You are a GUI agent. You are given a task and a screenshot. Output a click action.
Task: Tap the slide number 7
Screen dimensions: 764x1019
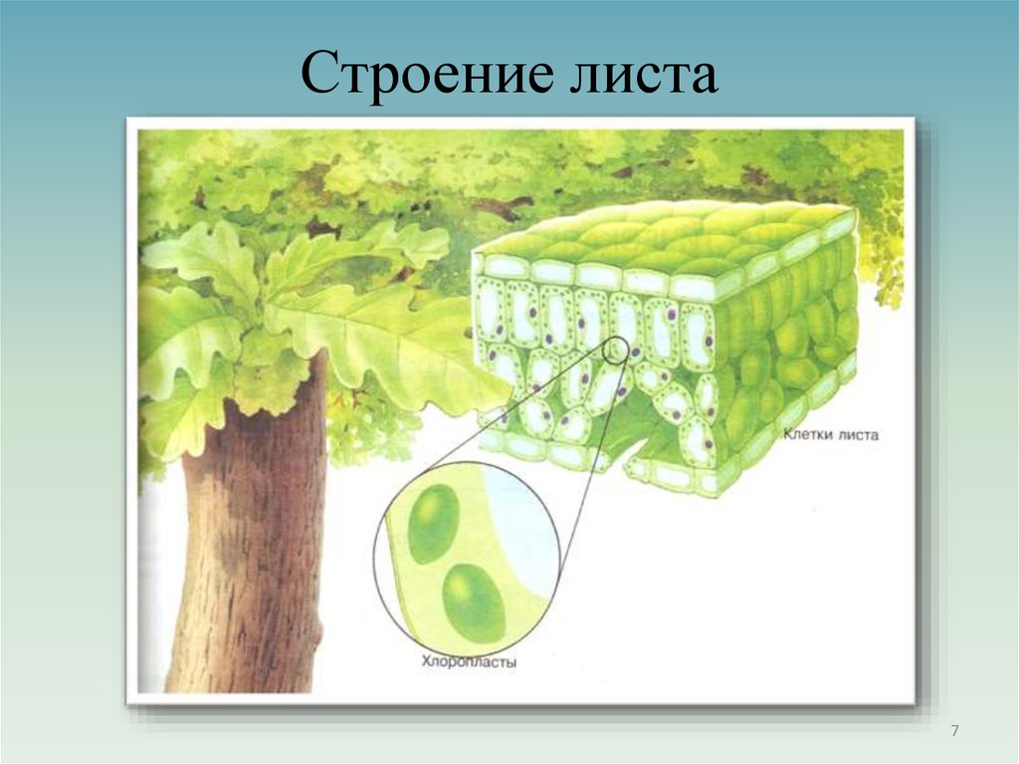pos(955,732)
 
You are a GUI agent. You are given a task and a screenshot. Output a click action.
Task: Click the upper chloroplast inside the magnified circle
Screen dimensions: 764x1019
pos(434,524)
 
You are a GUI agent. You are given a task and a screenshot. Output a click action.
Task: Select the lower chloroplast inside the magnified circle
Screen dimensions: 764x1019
pos(474,603)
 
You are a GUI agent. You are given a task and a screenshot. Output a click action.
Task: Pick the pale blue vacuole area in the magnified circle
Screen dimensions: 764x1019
pos(527,538)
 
